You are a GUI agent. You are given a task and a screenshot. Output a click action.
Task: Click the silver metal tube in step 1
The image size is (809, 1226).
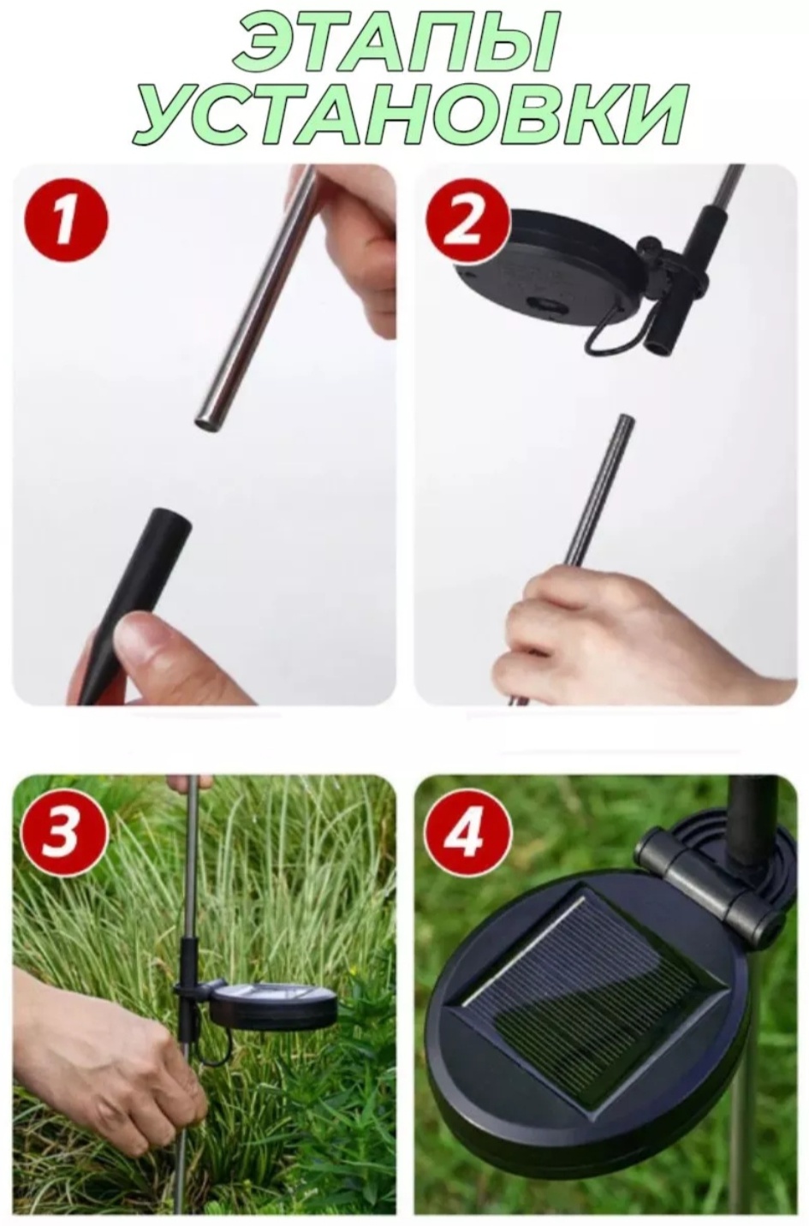pos(254,298)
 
